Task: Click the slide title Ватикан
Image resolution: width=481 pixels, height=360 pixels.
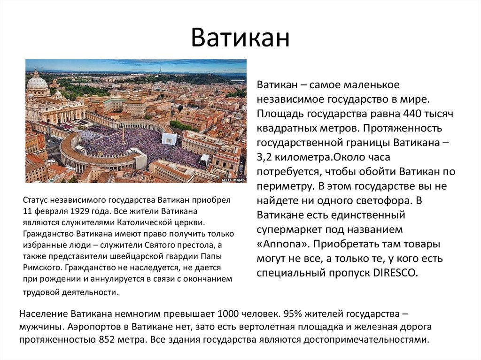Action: point(240,38)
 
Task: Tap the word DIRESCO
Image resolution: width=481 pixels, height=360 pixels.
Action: point(396,273)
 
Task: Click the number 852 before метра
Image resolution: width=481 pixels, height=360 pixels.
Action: point(107,340)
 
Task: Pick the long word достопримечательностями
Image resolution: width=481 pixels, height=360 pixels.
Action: point(366,340)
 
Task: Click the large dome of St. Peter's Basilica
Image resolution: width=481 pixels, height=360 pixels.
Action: point(38,80)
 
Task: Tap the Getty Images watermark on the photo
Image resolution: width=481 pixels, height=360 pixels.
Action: point(234,179)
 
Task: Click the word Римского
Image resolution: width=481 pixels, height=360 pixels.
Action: point(43,268)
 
